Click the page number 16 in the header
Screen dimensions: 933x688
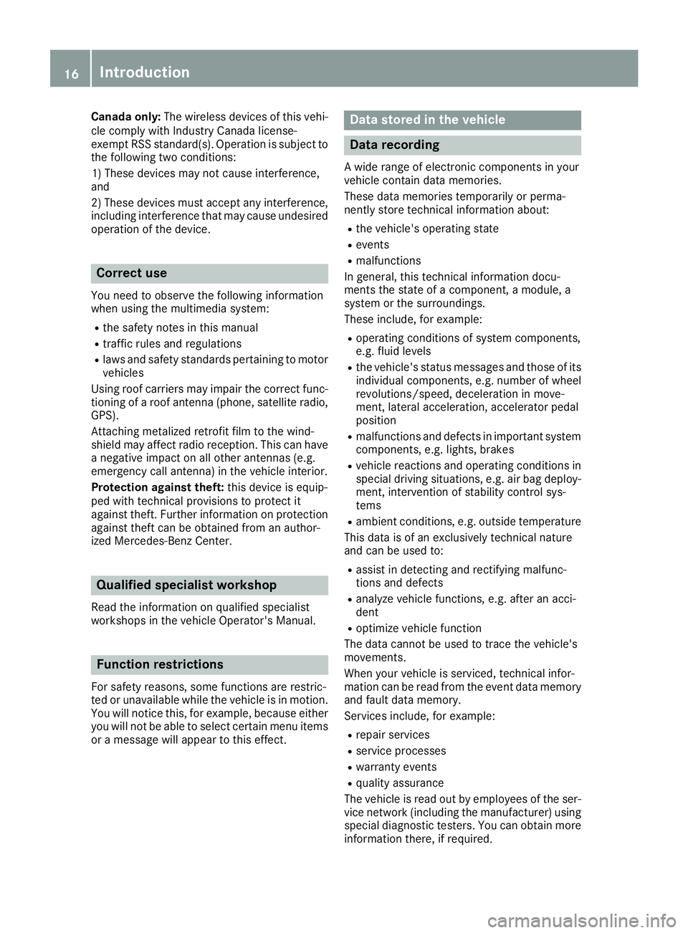[x=71, y=73]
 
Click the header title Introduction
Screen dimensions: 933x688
[x=145, y=72]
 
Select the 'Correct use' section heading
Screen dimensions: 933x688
[x=131, y=273]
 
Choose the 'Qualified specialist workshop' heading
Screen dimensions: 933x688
[x=186, y=585]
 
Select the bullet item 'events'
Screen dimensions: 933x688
[x=373, y=245]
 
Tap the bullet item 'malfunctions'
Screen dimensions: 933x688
[x=388, y=261]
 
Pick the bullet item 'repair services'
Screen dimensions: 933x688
[x=393, y=735]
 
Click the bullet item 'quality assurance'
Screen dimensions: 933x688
[x=400, y=783]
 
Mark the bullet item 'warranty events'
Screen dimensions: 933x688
[x=396, y=767]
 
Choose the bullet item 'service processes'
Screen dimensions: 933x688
[x=401, y=751]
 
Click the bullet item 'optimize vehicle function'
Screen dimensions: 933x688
[x=419, y=628]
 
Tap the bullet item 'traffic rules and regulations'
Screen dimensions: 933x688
[x=172, y=344]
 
